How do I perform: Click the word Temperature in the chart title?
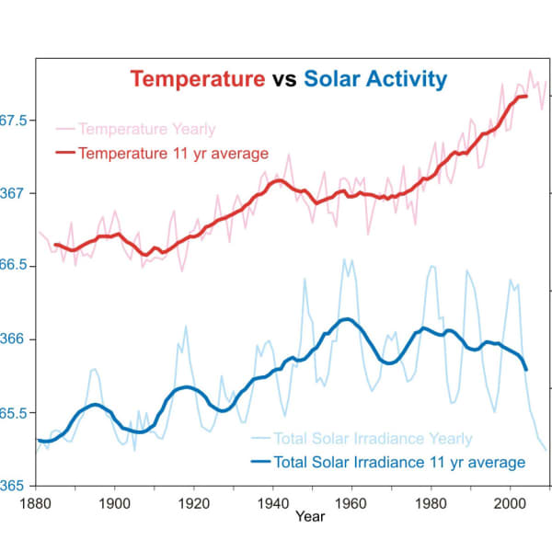(x=196, y=79)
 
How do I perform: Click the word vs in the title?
(x=283, y=79)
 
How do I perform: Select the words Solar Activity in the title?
(x=375, y=79)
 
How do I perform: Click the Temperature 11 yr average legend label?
(x=173, y=153)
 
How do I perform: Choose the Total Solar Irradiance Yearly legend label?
(x=374, y=439)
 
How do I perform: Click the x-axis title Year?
(x=310, y=517)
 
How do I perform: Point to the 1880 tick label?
(x=35, y=502)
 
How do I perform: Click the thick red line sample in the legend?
(x=66, y=153)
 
